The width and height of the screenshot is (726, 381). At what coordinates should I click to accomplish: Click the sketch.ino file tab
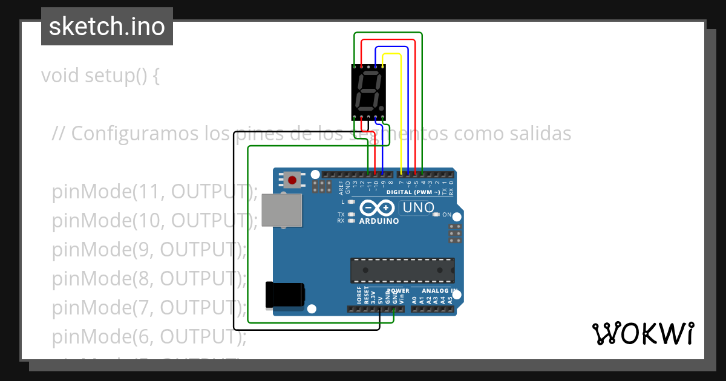point(107,27)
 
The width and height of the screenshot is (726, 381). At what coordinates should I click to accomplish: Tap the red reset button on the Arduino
point(293,180)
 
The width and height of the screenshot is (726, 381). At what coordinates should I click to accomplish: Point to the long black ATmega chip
point(402,270)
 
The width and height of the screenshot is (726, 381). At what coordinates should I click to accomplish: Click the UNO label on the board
point(417,208)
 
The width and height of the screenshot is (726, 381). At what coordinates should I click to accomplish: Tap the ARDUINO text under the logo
point(379,221)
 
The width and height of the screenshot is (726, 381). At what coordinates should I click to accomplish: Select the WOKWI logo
point(643,333)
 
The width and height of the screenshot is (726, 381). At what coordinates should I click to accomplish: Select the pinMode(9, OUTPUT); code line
point(149,249)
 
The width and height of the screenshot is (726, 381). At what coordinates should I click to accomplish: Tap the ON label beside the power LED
point(447,215)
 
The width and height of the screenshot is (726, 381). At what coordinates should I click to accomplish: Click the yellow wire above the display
point(392,54)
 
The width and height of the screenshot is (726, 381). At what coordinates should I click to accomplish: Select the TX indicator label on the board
point(341,215)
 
